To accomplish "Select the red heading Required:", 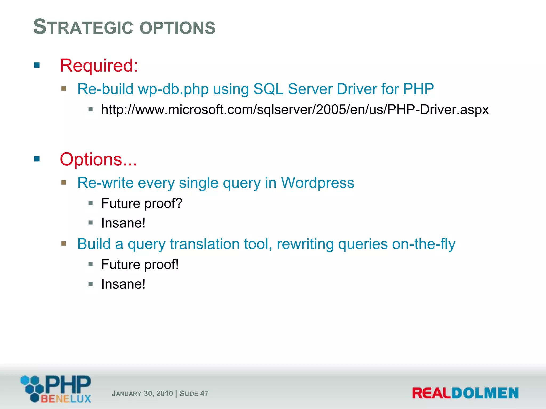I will (x=99, y=66).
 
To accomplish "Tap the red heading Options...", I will (x=98, y=159).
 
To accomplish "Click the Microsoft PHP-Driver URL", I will (x=295, y=109).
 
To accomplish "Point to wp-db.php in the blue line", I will (x=173, y=89).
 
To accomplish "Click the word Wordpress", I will (x=318, y=183).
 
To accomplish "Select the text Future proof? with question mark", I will (x=142, y=203).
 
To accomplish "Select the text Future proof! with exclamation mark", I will (x=140, y=264).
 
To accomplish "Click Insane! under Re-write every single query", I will (x=123, y=223).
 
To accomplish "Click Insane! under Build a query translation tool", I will (x=123, y=284).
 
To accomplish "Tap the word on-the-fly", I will (x=424, y=244).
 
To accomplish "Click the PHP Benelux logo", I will (x=56, y=388).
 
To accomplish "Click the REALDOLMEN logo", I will (x=465, y=393).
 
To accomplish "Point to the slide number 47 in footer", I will (x=204, y=394).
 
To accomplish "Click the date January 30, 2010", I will (x=142, y=394).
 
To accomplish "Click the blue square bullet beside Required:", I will (x=37, y=65).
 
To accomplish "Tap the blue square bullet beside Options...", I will (x=37, y=159).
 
